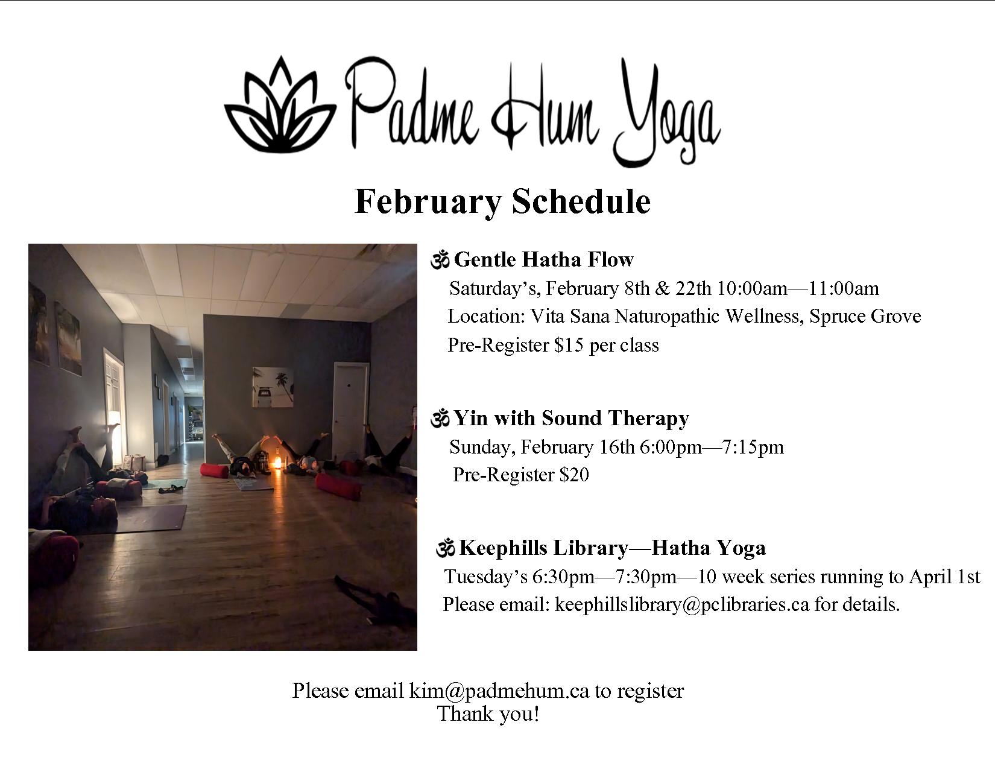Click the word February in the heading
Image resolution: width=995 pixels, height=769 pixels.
(428, 202)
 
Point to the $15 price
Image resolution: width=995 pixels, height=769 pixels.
(568, 345)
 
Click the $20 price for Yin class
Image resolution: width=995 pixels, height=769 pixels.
(574, 475)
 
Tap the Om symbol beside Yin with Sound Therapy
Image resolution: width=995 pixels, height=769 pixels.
(440, 419)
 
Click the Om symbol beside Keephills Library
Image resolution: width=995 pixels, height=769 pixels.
(446, 548)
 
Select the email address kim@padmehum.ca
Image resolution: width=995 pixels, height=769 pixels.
(499, 691)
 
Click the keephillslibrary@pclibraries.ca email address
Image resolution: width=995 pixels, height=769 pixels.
(682, 604)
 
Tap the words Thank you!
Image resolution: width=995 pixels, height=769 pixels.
(488, 714)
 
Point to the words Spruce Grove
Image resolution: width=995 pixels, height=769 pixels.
(865, 317)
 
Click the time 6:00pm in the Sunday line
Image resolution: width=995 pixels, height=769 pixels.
(671, 446)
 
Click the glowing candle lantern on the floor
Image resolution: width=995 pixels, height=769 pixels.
(277, 461)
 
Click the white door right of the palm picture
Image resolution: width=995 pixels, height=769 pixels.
(350, 410)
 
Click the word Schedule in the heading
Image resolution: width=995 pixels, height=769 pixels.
(581, 202)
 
